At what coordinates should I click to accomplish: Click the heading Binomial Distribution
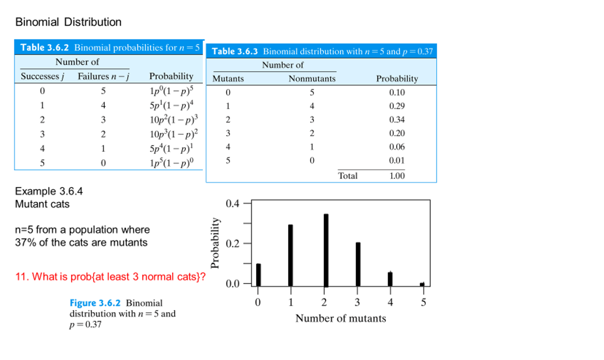click(x=68, y=22)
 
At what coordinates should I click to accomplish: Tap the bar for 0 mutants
click(x=258, y=275)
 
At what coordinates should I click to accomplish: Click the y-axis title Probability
click(x=215, y=243)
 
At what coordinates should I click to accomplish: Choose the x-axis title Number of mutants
click(x=341, y=318)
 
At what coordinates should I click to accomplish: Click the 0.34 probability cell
click(x=397, y=120)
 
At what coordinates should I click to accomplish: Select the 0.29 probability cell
click(x=397, y=106)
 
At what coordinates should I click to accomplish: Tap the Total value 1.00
click(x=397, y=176)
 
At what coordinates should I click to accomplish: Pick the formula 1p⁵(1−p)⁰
click(x=172, y=162)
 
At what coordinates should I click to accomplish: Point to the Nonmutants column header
click(x=312, y=79)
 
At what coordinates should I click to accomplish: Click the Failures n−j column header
click(x=103, y=76)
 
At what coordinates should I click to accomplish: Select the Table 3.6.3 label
click(x=235, y=52)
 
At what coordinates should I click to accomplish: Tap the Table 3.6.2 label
click(x=44, y=48)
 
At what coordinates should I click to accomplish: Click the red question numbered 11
click(x=110, y=277)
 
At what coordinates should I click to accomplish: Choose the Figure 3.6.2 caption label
click(x=95, y=303)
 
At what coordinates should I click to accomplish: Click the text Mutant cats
click(x=42, y=204)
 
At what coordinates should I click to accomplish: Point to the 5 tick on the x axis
click(x=423, y=303)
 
